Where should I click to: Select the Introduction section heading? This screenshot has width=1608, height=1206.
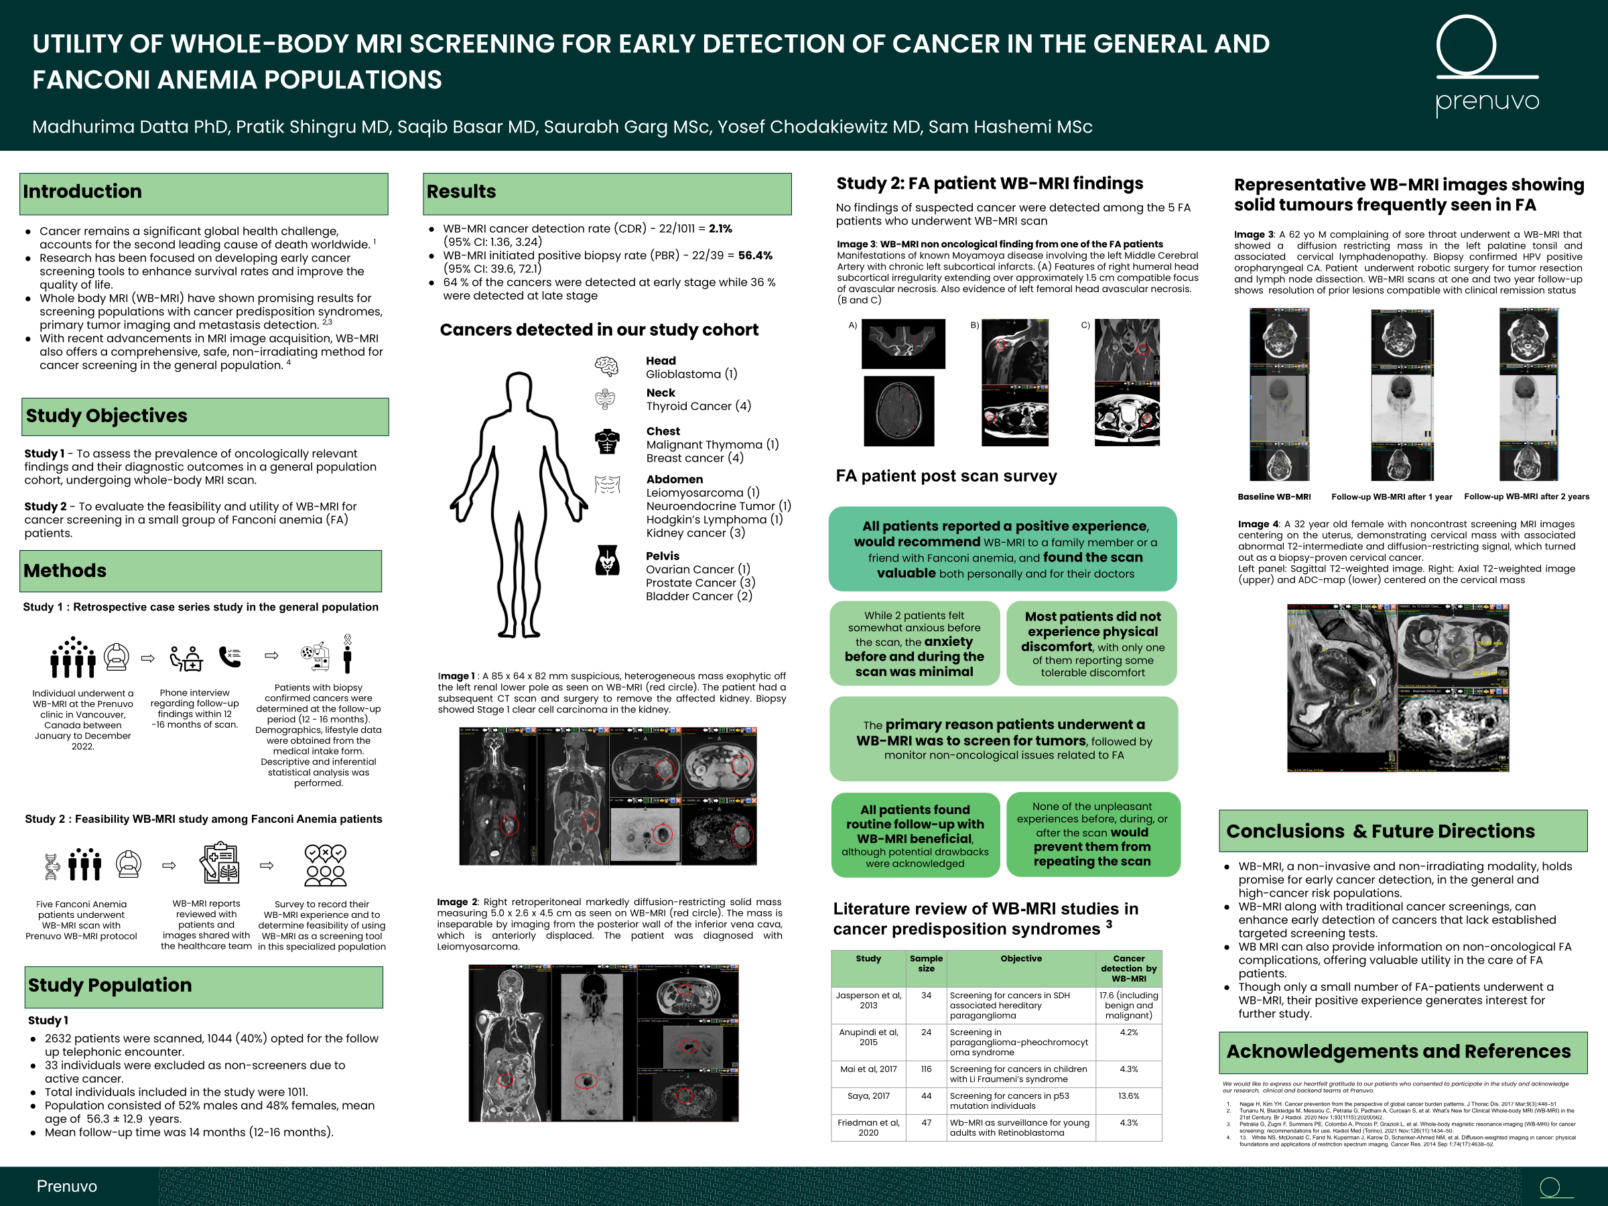click(82, 191)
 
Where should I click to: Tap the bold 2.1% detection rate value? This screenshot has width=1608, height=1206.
click(720, 228)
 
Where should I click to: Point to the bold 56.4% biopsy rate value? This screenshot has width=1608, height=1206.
click(755, 255)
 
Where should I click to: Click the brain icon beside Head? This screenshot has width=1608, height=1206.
click(606, 366)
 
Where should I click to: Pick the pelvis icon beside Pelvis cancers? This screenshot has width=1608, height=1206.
click(607, 561)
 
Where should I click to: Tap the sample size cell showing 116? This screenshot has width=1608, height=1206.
click(925, 1069)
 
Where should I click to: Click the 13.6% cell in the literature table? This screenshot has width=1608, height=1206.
click(1128, 1095)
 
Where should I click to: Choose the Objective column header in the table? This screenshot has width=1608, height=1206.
click(1020, 958)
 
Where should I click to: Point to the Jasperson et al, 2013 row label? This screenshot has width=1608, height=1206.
click(868, 1000)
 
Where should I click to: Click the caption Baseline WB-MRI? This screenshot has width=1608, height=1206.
click(1274, 496)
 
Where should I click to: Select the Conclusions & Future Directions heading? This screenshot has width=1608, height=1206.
click(1380, 831)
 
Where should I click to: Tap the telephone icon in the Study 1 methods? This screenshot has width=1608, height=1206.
click(230, 657)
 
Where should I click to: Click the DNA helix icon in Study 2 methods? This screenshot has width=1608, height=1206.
click(52, 866)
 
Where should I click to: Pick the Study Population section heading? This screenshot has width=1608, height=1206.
click(110, 985)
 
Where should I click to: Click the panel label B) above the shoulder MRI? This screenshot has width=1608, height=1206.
click(975, 325)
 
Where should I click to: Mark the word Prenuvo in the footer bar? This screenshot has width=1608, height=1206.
click(67, 1186)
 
